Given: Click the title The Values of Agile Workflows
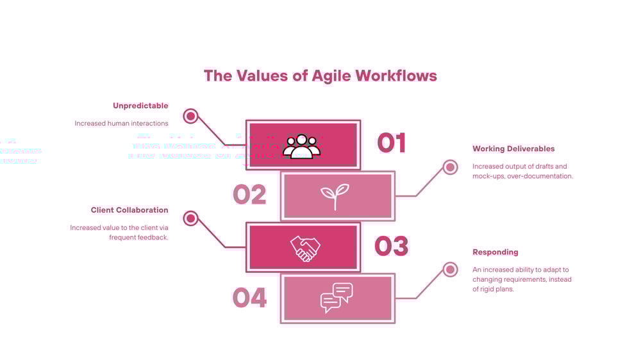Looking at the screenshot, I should pyautogui.click(x=320, y=76).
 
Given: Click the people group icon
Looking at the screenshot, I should pyautogui.click(x=301, y=146).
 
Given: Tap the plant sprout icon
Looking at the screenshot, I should pyautogui.click(x=335, y=197).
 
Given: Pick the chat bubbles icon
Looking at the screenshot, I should pyautogui.click(x=337, y=298).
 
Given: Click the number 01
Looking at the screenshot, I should pyautogui.click(x=392, y=143).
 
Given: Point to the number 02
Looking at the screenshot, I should pyautogui.click(x=249, y=195).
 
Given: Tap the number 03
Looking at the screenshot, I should pyautogui.click(x=391, y=246).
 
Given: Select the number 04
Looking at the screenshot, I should pyautogui.click(x=249, y=298).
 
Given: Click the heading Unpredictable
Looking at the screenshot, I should pyautogui.click(x=140, y=106).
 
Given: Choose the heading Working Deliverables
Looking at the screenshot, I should pyautogui.click(x=513, y=149).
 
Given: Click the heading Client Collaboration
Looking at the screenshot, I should pyautogui.click(x=129, y=210).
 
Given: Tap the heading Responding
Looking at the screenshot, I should pyautogui.click(x=495, y=252).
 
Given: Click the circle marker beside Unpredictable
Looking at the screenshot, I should pyautogui.click(x=190, y=116).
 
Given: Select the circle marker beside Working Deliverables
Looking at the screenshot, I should pyautogui.click(x=451, y=167).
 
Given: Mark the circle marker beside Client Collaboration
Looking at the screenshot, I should pyautogui.click(x=190, y=218).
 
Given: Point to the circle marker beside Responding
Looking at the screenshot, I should pyautogui.click(x=451, y=270).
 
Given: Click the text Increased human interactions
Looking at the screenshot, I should pyautogui.click(x=121, y=123).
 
